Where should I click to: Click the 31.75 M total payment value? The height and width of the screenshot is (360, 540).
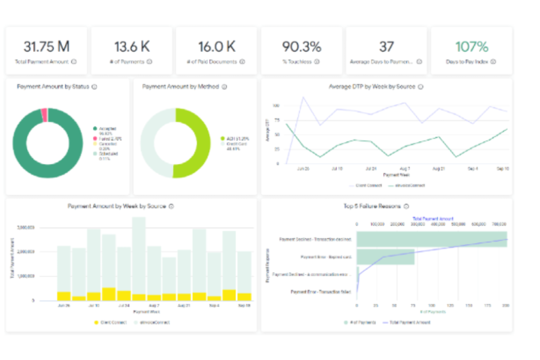(46, 47)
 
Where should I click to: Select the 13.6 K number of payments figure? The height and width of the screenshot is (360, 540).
(132, 47)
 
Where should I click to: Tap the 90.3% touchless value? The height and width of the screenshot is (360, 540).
(302, 47)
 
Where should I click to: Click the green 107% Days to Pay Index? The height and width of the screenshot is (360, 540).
(471, 47)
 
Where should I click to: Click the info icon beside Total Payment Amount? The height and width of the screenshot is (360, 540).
(74, 62)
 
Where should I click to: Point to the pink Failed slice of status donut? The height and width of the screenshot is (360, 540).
(44, 115)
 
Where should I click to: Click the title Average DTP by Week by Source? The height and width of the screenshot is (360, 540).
(372, 87)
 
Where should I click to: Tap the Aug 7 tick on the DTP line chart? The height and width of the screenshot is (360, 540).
(405, 169)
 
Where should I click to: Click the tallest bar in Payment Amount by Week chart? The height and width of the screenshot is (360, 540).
(139, 255)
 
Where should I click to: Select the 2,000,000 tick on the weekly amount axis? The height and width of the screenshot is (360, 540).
(26, 252)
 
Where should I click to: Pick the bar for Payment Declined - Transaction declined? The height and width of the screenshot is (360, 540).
(432, 239)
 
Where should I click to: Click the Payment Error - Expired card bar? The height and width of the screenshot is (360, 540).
(385, 257)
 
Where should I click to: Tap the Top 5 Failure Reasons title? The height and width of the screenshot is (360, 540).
(372, 206)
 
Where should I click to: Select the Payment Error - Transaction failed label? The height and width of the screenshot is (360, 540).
(320, 292)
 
